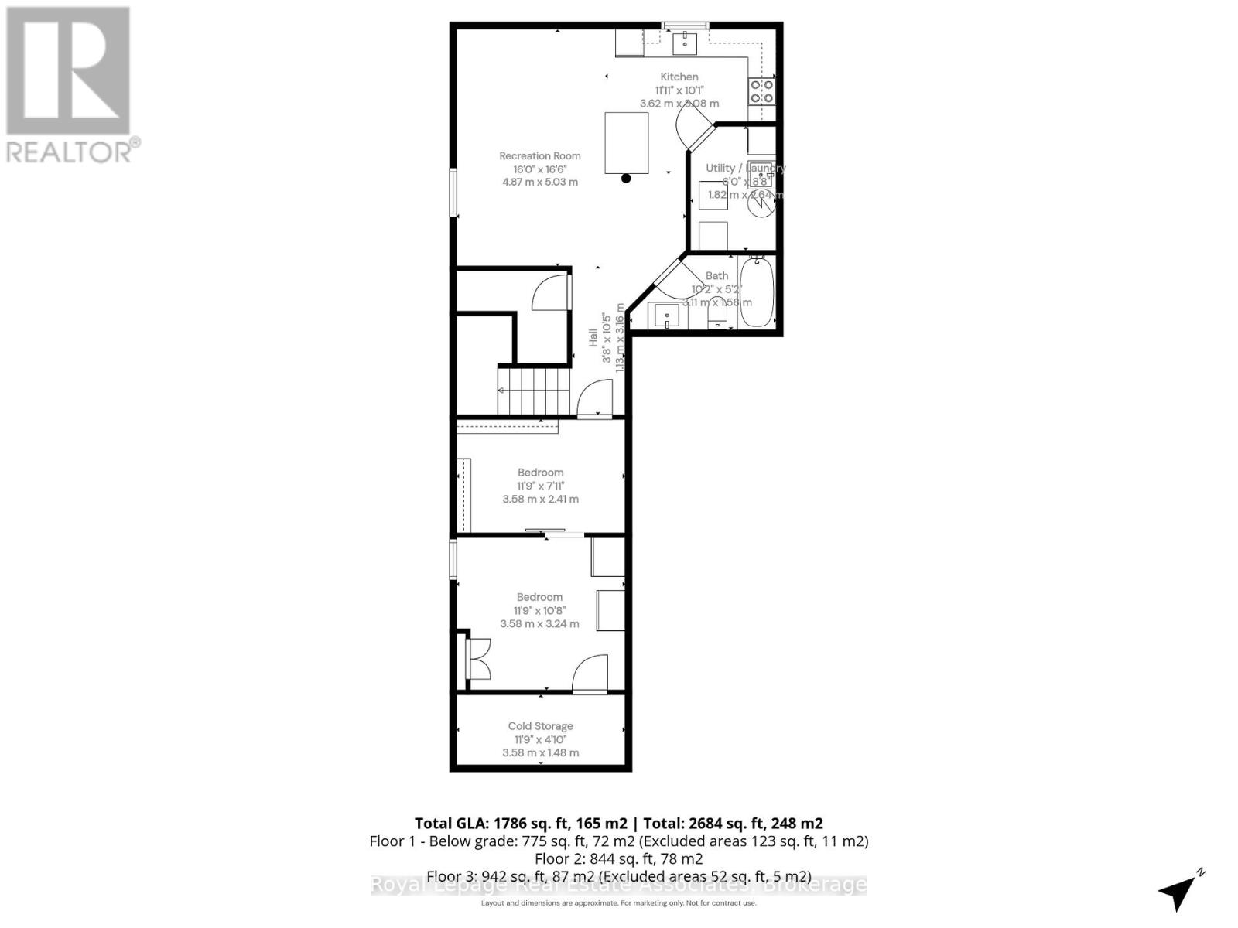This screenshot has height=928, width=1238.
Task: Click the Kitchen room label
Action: tap(679, 77)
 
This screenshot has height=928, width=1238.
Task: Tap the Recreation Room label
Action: tap(539, 155)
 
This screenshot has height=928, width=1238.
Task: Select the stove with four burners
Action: tap(761, 92)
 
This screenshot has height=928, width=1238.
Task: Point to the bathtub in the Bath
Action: tap(757, 292)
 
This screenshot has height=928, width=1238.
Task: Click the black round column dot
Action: tap(626, 179)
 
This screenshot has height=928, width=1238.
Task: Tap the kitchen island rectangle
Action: tap(626, 143)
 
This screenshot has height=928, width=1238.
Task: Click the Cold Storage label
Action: tap(540, 726)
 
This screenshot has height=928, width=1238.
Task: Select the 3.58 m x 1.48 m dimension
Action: tap(540, 752)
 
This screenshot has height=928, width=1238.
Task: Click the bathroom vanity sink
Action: tap(667, 316)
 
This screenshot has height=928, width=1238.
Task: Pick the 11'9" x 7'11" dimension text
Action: tap(540, 486)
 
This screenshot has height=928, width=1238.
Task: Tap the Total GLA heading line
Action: tap(618, 823)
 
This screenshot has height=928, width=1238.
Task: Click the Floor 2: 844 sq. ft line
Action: tap(618, 858)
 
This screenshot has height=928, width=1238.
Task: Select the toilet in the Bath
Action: tap(717, 312)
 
